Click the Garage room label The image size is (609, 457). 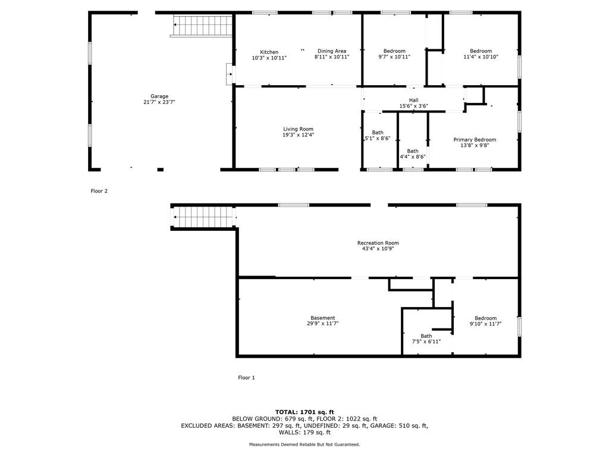[x=159, y=96]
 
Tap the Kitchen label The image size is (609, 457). [x=269, y=52]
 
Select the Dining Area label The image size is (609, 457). [x=332, y=51]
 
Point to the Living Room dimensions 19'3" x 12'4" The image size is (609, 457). [x=299, y=135]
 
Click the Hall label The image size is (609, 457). [x=414, y=100]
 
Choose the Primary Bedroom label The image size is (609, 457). [x=475, y=139]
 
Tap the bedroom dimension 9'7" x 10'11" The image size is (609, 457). [x=394, y=57]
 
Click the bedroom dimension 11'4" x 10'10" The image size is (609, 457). [x=481, y=57]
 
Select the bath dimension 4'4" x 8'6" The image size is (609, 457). [x=413, y=157]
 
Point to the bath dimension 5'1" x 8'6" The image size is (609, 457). [x=377, y=138]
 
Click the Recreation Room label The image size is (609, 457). [x=378, y=243]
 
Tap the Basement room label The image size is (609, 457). [x=323, y=318]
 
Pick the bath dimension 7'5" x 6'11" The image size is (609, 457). [x=426, y=342]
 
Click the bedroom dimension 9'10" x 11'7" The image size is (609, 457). [x=485, y=323]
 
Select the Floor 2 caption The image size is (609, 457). [x=99, y=191]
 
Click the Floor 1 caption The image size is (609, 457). [x=246, y=377]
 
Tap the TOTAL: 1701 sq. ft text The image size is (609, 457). [x=304, y=412]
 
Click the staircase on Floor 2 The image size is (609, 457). [x=202, y=26]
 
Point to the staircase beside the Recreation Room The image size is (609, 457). [x=203, y=217]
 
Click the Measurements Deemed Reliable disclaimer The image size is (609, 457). [x=304, y=444]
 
